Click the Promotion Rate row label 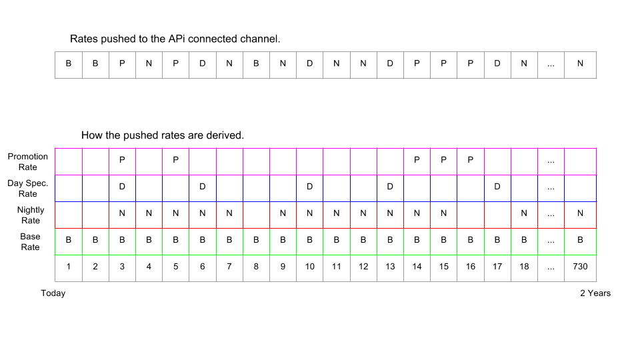tap(28, 161)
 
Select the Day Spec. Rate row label tap(28, 188)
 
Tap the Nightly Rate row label tap(31, 215)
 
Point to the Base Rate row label tap(30, 241)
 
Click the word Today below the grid tap(53, 293)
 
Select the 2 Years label tap(595, 293)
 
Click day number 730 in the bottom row tap(580, 267)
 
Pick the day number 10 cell tap(310, 268)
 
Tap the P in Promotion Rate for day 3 tap(122, 160)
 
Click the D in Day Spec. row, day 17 tap(497, 187)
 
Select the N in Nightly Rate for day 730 tap(580, 213)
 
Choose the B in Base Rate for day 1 tap(69, 240)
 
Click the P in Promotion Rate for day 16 tap(470, 160)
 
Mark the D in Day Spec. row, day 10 tap(310, 187)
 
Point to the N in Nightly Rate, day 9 tap(283, 213)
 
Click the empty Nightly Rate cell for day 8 tap(256, 215)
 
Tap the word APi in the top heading tap(176, 39)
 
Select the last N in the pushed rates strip tap(580, 63)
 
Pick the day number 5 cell tap(175, 268)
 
